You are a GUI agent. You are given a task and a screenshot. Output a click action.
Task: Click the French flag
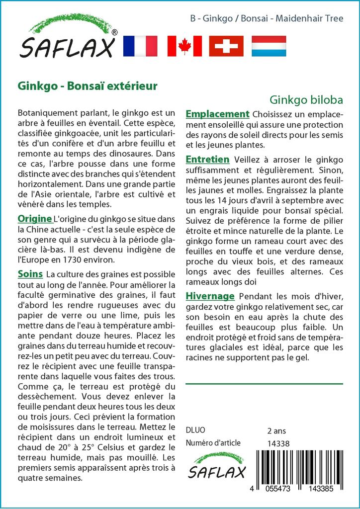(139, 46)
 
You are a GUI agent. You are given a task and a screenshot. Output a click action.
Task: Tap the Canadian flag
(184, 46)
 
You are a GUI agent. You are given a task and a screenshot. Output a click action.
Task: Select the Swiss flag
(226, 46)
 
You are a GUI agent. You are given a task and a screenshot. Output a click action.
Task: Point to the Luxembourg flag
(269, 46)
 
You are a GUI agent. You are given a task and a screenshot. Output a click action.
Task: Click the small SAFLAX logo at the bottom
(216, 466)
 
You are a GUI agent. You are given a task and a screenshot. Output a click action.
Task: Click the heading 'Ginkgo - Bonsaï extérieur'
(88, 85)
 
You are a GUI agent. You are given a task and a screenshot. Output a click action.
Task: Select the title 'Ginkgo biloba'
(306, 99)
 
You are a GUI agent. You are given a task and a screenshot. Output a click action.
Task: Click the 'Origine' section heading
(35, 219)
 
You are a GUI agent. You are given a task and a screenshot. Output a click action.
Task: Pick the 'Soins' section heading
(30, 274)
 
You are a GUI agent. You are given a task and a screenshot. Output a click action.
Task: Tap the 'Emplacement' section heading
(217, 114)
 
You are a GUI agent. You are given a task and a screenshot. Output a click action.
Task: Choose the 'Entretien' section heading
(207, 160)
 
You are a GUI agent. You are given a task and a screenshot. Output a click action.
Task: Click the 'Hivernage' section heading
(210, 296)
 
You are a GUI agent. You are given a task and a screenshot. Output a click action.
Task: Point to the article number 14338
(278, 443)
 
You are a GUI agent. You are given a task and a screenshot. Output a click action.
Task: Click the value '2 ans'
(276, 430)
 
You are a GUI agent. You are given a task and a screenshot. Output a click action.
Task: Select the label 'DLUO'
(195, 430)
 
